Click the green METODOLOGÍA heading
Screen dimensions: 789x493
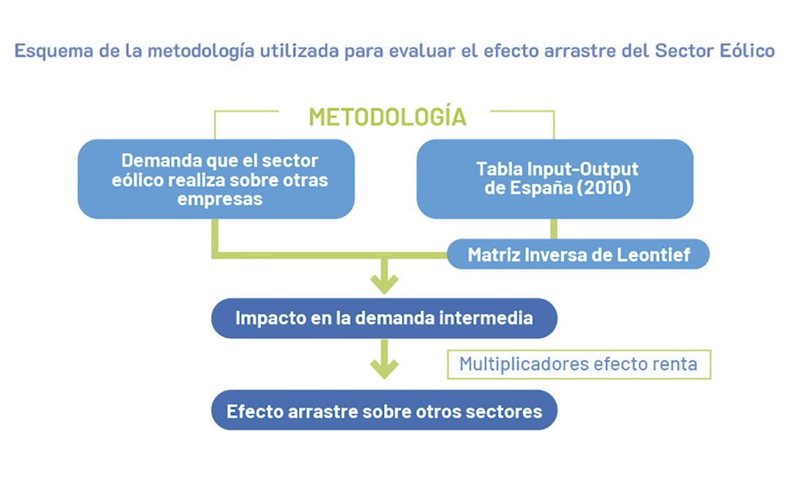click(x=387, y=117)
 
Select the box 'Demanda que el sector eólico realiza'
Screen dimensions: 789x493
click(x=216, y=179)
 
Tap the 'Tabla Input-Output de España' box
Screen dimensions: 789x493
click(x=555, y=179)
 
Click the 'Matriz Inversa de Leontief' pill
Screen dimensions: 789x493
click(x=578, y=254)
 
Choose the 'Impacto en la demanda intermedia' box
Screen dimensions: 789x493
click(x=384, y=318)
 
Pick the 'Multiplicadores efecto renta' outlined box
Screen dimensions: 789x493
click(x=579, y=364)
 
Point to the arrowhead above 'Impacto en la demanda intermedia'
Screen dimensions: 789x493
click(x=384, y=284)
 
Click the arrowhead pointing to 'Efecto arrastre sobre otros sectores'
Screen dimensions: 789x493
click(x=384, y=370)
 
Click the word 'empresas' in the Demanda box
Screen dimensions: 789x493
click(x=220, y=199)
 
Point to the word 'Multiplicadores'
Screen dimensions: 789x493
click(x=523, y=364)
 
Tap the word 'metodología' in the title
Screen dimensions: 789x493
click(x=201, y=51)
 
